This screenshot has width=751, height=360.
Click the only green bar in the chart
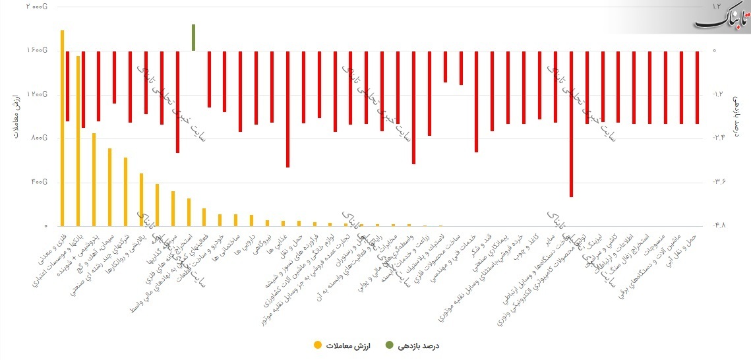click(x=193, y=38)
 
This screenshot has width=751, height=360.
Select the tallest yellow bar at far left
click(x=62, y=129)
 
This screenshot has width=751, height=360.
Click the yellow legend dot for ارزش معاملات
click(x=318, y=345)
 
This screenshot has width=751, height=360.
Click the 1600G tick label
click(x=37, y=50)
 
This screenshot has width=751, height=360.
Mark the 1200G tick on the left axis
click(x=37, y=94)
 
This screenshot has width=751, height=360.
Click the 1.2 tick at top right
click(x=716, y=6)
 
